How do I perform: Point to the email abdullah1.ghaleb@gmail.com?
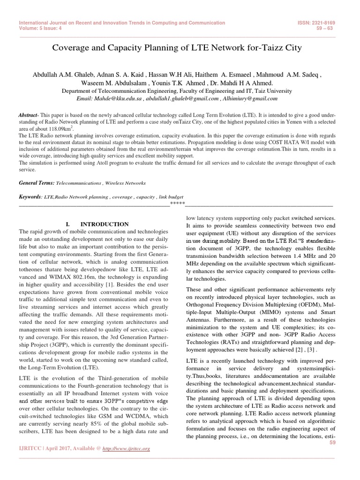pos(182,99)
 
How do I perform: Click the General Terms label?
pos(37,182)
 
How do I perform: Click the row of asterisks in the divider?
pos(177,204)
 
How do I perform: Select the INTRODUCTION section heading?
pos(103,225)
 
